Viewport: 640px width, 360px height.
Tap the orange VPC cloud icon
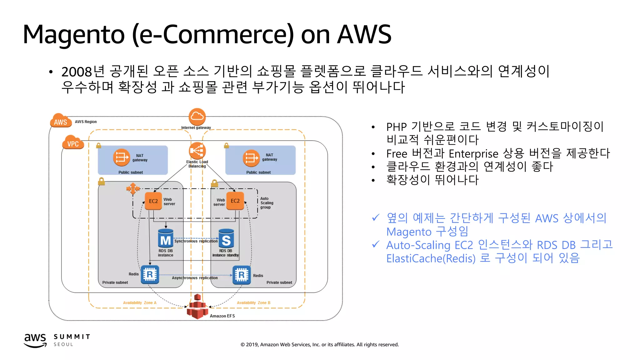coord(73,142)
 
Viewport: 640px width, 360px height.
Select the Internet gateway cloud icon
coord(197,117)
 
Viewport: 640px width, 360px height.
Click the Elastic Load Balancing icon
coord(197,151)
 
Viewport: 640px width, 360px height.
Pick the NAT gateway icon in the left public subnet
coord(121,157)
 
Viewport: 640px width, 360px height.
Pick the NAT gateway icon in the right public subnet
coord(251,158)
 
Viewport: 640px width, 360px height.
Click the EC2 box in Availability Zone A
coord(153,201)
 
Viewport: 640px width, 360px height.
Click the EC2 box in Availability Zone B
coord(235,201)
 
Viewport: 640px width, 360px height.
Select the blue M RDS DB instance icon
coord(165,239)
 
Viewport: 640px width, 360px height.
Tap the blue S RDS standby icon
coord(226,239)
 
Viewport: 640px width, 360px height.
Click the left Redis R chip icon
coord(150,274)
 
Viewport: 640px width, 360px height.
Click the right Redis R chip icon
coord(242,275)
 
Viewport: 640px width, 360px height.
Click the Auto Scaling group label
coord(267,203)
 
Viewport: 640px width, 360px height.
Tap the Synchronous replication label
coord(196,241)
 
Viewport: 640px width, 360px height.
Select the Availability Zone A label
coord(140,303)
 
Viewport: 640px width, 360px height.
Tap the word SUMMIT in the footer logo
coord(72,337)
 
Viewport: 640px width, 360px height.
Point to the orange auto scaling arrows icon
coord(133,188)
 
